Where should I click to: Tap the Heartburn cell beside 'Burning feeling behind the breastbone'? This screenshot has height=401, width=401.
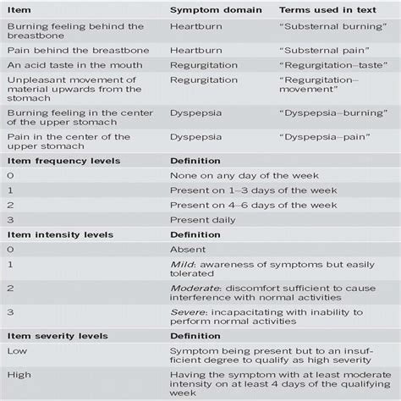195,27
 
